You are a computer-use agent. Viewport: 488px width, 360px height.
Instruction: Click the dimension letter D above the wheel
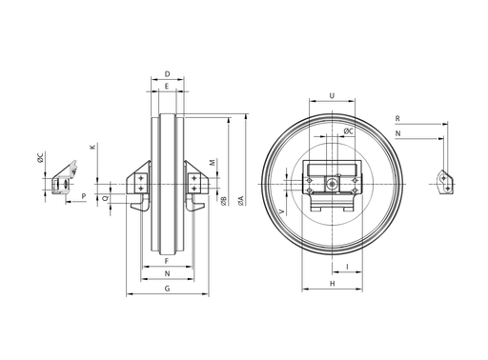pos(167,74)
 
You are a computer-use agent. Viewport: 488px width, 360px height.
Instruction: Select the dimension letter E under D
pos(167,86)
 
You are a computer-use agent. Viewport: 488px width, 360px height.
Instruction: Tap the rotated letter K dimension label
pos(92,147)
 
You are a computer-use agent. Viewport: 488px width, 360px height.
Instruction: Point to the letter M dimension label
pos(213,162)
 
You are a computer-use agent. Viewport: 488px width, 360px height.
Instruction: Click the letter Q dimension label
pos(105,198)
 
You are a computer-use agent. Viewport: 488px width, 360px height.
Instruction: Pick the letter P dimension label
pos(84,196)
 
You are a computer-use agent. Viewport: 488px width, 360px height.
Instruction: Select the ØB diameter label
pos(224,201)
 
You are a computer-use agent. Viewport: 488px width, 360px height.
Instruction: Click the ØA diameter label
pos(241,201)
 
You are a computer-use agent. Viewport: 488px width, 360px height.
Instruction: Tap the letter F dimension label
pos(167,261)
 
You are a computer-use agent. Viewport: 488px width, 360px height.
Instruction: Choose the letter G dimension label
pos(167,289)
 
